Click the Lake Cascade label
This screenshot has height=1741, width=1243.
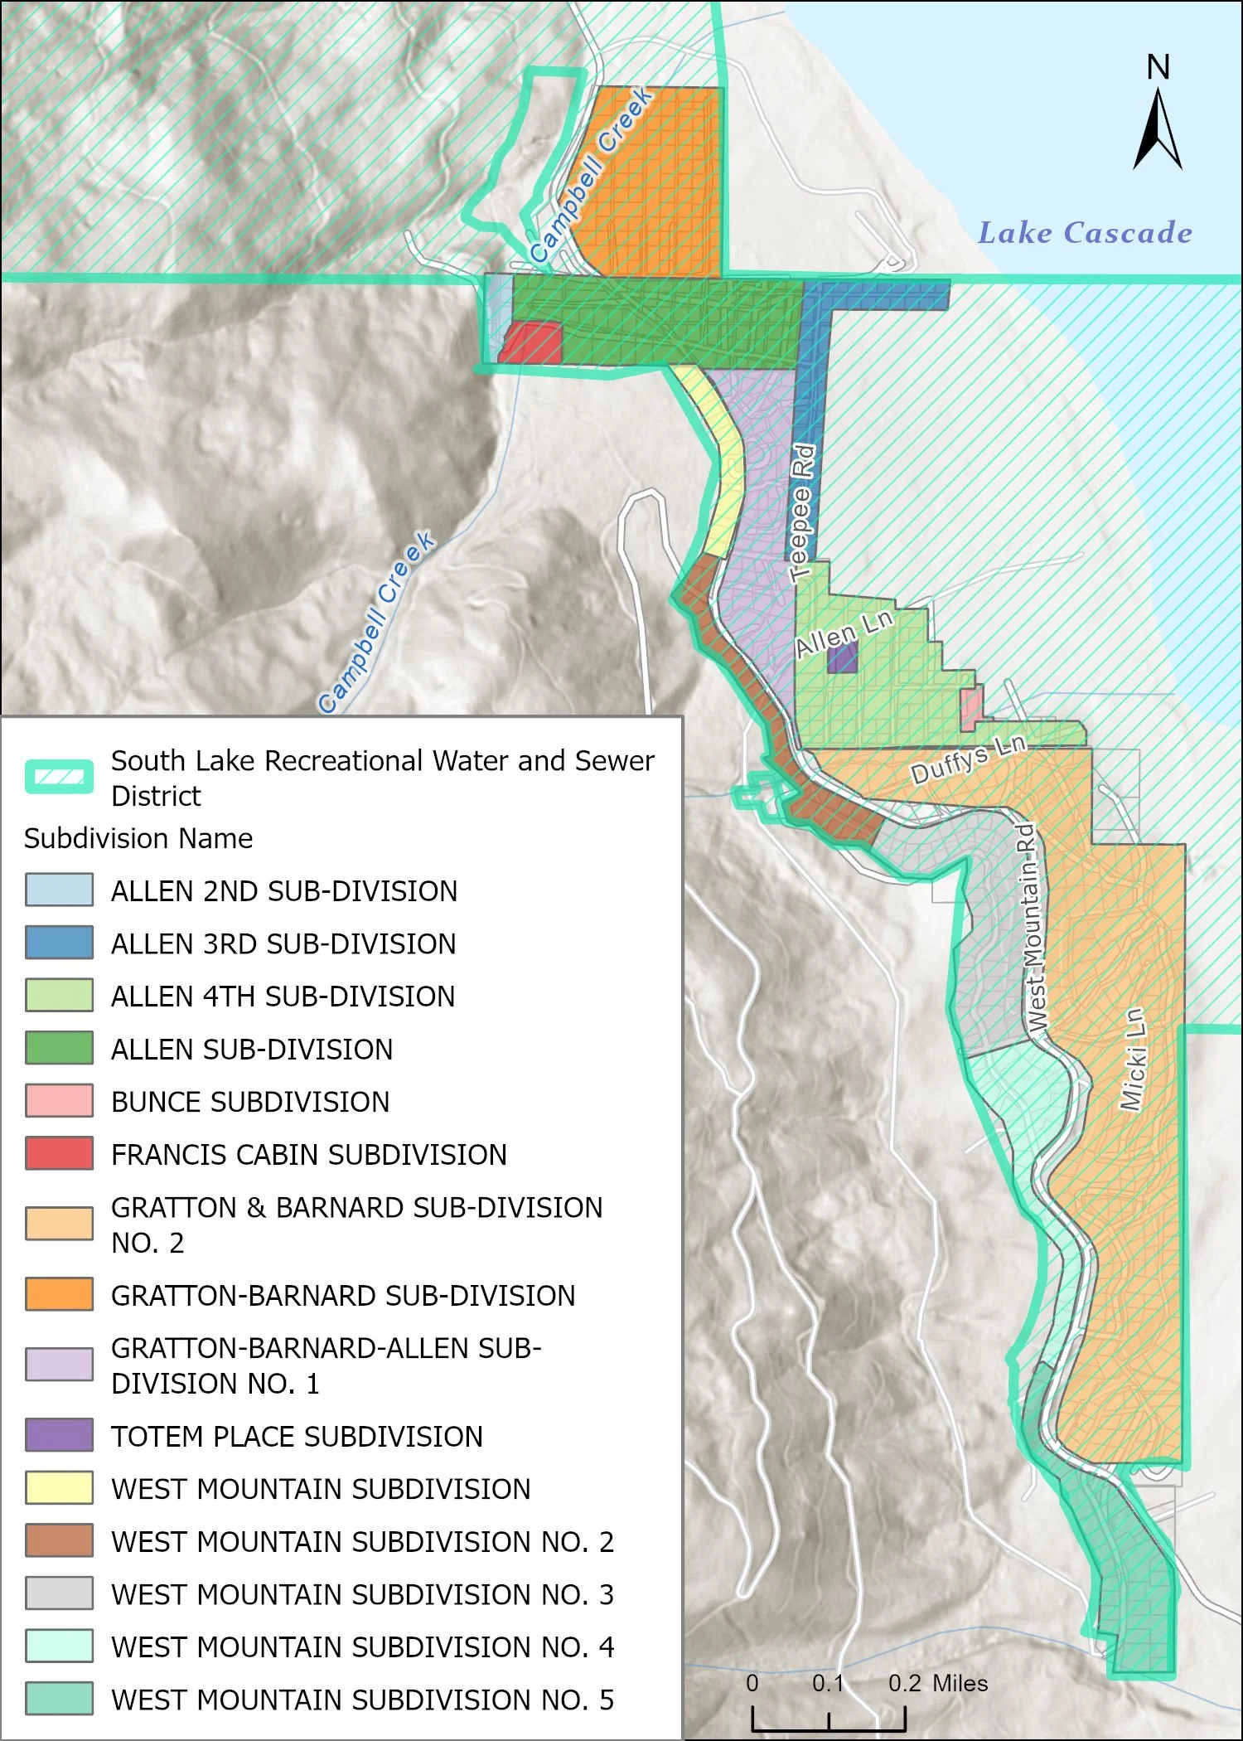1085,233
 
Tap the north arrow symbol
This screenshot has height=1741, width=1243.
1158,129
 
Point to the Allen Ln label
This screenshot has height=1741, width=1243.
844,633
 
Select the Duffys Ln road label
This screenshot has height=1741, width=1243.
968,759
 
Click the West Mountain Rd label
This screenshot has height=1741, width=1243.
1031,927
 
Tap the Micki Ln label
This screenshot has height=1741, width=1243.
1133,1059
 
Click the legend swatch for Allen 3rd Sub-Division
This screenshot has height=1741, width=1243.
59,943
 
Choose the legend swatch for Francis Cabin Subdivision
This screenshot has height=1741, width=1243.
59,1153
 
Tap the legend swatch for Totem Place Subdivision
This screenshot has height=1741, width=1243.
59,1435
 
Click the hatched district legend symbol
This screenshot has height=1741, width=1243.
59,777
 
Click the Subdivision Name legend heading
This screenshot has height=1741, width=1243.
138,838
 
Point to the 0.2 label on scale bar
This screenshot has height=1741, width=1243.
904,1683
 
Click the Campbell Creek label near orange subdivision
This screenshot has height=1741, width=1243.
591,176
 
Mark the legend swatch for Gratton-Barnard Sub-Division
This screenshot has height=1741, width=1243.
59,1294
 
